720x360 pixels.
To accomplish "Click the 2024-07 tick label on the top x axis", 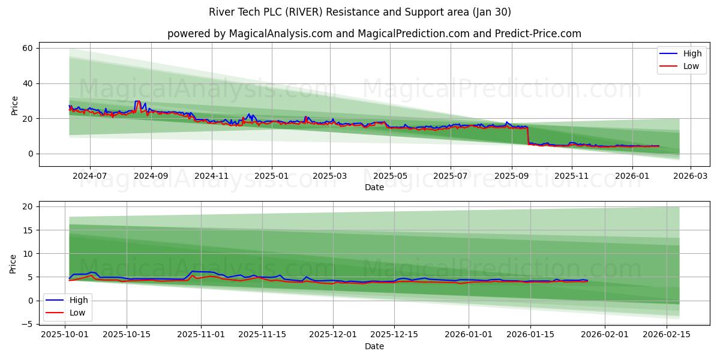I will tap(90, 176).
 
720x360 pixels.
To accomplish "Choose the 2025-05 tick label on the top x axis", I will tap(390, 176).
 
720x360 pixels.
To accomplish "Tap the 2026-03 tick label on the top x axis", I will tap(690, 176).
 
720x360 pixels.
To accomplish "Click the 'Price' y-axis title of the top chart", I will tap(14, 105).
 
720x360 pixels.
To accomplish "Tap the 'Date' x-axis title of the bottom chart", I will tap(374, 346).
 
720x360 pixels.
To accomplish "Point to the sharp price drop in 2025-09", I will tap(528, 136).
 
